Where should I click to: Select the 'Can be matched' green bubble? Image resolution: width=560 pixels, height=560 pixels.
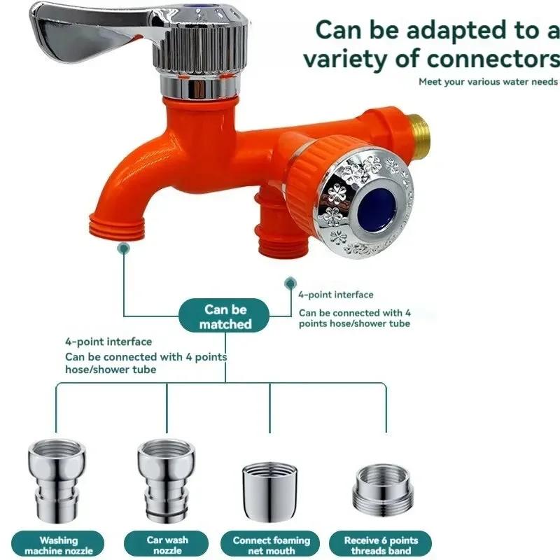(225, 316)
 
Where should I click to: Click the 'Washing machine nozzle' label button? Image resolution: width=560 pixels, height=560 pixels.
(59, 545)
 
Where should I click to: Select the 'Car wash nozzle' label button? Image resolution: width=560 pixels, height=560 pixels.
(166, 545)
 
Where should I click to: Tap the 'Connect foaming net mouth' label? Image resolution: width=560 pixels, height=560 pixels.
(271, 545)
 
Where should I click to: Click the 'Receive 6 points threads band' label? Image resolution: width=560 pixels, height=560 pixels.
(381, 545)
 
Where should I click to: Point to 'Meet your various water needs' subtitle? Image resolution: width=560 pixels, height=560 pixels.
(488, 82)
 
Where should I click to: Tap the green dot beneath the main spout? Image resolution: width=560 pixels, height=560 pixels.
(124, 248)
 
